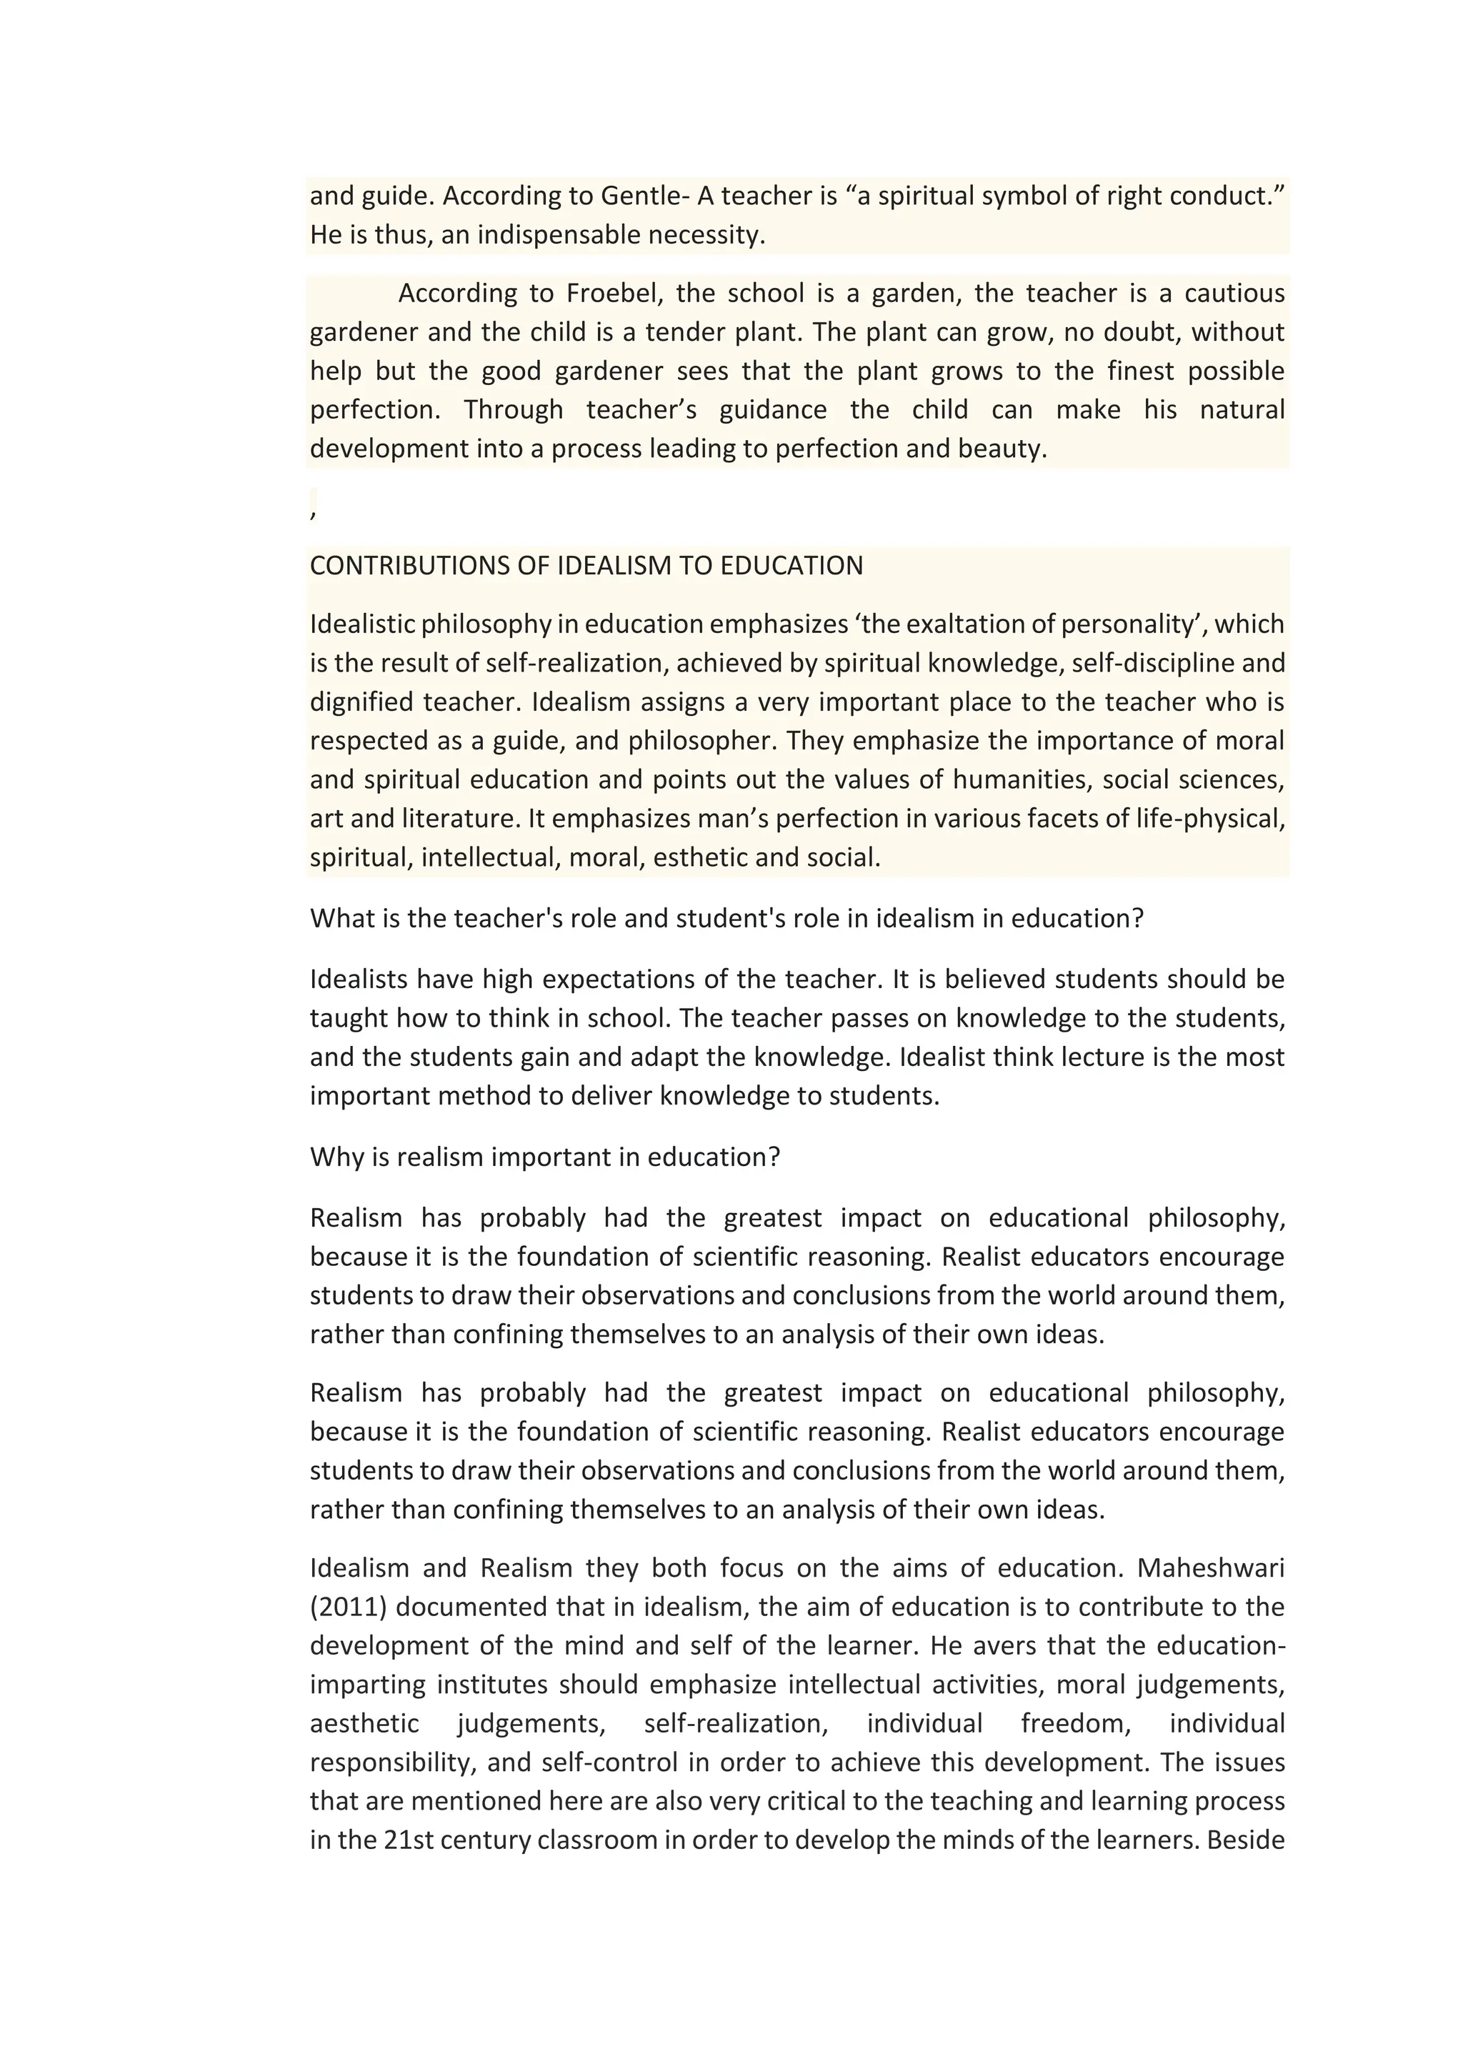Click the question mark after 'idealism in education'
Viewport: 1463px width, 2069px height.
pos(1138,918)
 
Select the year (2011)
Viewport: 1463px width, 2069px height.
pos(349,1607)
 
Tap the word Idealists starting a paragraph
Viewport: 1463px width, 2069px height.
pos(359,979)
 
